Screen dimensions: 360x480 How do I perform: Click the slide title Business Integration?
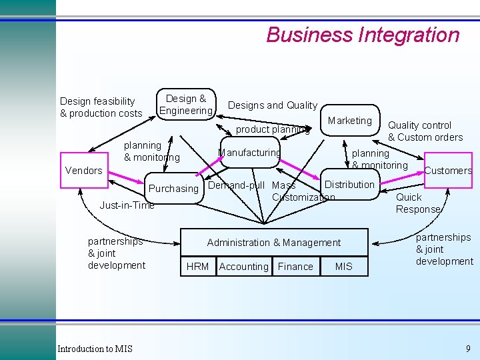pos(363,35)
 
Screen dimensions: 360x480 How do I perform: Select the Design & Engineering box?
pos(186,105)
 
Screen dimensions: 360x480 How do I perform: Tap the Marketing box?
pos(350,121)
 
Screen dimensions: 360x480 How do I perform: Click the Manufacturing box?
pos(250,153)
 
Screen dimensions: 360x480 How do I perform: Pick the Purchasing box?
pos(173,189)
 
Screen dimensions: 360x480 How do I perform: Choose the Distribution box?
pos(349,184)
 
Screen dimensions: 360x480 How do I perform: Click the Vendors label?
pos(84,171)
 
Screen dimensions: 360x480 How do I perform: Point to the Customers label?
pos(448,171)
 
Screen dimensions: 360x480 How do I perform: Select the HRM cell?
pos(197,267)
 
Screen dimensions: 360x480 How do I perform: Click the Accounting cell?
pos(243,267)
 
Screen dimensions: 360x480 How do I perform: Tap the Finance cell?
pos(295,267)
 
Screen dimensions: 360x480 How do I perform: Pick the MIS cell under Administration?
pos(344,267)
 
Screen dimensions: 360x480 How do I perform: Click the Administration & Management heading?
pos(274,243)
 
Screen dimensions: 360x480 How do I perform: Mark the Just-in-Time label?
pos(127,205)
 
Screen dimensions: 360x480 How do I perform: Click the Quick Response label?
pos(418,203)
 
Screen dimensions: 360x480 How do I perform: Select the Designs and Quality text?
pos(273,105)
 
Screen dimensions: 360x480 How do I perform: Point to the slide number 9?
pos(468,348)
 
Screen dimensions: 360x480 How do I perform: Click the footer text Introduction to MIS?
pos(95,349)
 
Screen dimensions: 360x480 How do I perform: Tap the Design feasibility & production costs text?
pos(101,107)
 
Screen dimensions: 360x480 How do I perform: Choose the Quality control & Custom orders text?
pos(425,131)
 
